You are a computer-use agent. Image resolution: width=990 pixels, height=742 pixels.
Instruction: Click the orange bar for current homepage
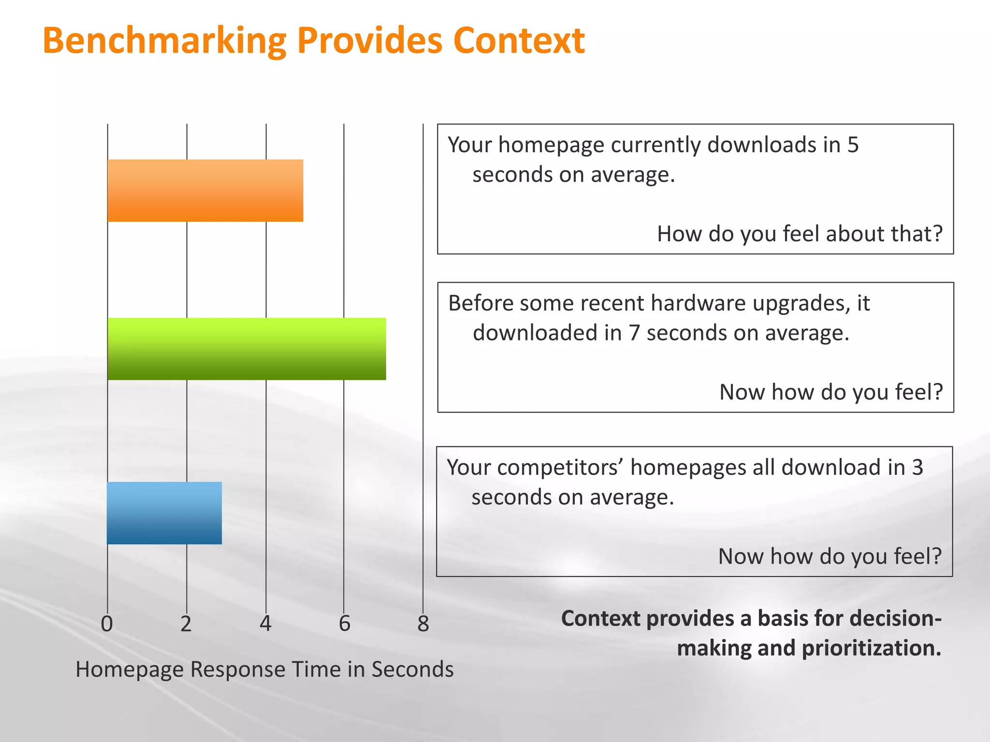pyautogui.click(x=205, y=190)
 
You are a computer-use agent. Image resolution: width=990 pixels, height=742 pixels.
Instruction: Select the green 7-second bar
pyautogui.click(x=247, y=349)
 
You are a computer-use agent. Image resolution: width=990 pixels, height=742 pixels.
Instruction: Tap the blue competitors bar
pyautogui.click(x=164, y=513)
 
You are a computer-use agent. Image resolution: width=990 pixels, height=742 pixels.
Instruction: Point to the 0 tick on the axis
pyautogui.click(x=107, y=624)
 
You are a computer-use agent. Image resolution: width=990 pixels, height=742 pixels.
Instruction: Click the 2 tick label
pyautogui.click(x=186, y=624)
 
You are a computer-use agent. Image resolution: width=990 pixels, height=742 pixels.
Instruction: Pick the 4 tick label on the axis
pyautogui.click(x=265, y=624)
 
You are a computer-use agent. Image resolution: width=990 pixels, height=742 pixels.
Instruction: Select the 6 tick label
pyautogui.click(x=344, y=624)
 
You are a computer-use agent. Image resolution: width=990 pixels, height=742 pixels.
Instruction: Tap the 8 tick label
pyautogui.click(x=423, y=624)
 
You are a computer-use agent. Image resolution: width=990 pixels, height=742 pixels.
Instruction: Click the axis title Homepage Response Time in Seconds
pyautogui.click(x=264, y=670)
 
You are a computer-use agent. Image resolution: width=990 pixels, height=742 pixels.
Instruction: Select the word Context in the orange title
pyautogui.click(x=519, y=41)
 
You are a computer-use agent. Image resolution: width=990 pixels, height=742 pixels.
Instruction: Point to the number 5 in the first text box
pyautogui.click(x=853, y=145)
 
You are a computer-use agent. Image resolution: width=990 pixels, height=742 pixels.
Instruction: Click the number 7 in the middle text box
pyautogui.click(x=634, y=333)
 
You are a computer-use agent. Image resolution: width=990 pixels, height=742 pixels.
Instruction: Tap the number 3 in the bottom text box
pyautogui.click(x=917, y=467)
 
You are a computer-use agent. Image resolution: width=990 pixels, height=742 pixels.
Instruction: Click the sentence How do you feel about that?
pyautogui.click(x=800, y=234)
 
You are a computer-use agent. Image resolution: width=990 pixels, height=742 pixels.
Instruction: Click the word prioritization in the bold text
pyautogui.click(x=872, y=648)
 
